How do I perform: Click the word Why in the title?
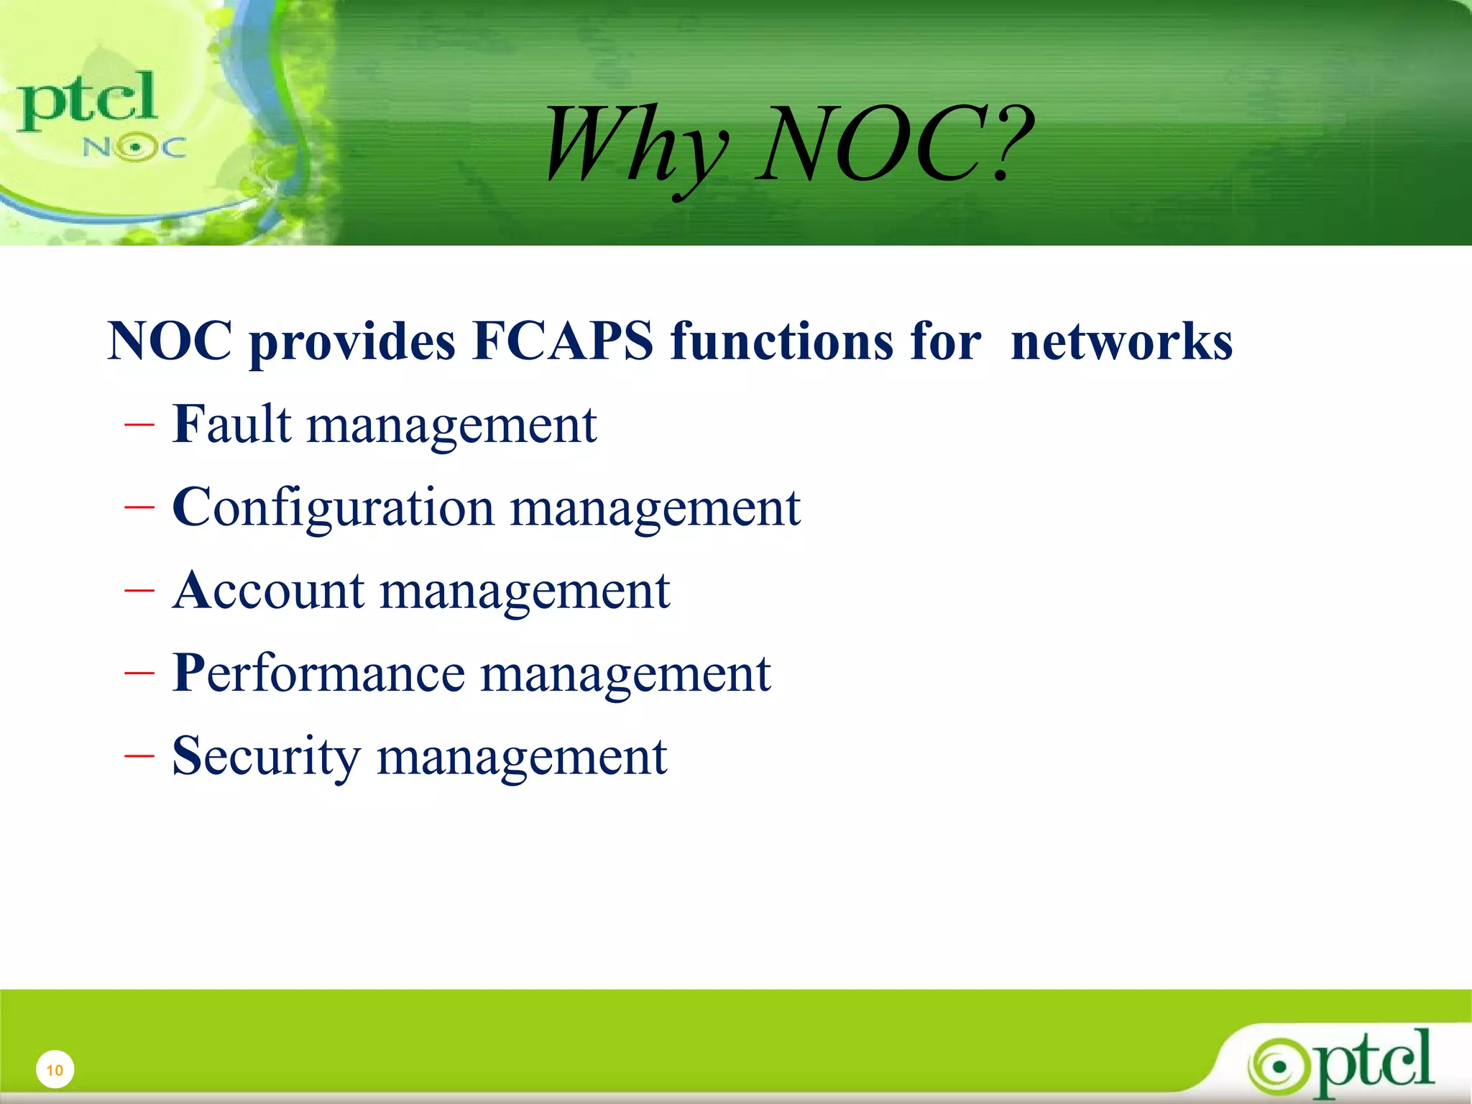636,144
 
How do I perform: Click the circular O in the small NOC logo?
134,148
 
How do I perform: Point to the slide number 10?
55,1070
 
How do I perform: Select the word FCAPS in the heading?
563,341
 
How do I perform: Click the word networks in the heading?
1121,341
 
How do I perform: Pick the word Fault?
232,424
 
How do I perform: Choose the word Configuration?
333,507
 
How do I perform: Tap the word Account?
268,590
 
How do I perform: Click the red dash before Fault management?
139,425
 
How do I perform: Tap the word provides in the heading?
352,342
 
